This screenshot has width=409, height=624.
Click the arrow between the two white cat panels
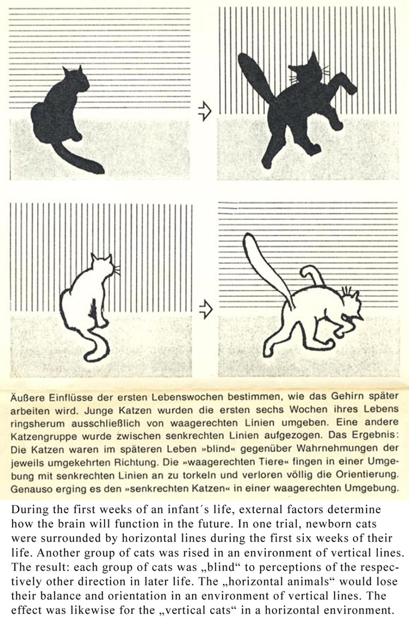pyautogui.click(x=206, y=309)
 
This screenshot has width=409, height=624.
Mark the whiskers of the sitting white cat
pyautogui.click(x=117, y=270)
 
